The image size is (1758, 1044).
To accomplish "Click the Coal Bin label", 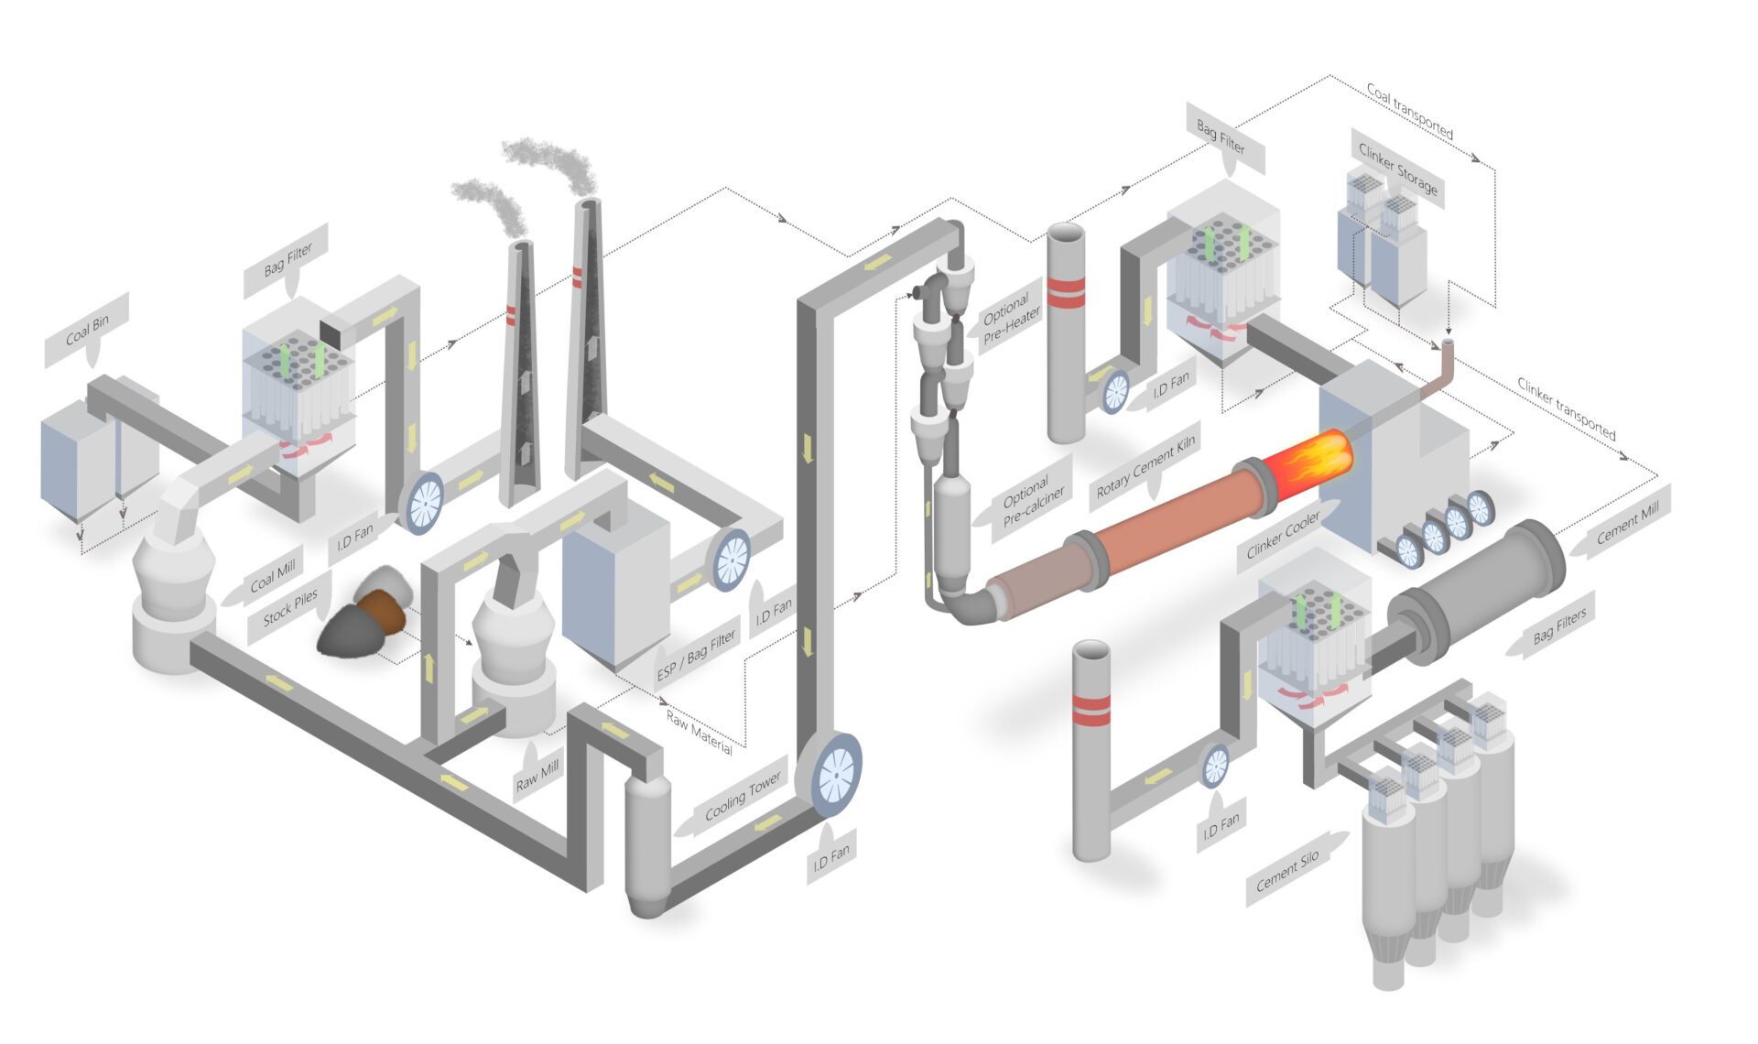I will (x=87, y=330).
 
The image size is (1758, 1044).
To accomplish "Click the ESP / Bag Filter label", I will (x=697, y=655).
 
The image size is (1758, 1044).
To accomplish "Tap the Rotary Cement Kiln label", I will (x=1145, y=467).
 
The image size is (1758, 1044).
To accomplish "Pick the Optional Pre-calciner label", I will (x=1032, y=503).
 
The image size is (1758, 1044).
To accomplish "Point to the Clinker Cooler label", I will (x=1283, y=535).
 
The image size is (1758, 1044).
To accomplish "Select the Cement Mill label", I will (x=1627, y=523).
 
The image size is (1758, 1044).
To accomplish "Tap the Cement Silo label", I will (x=1287, y=869).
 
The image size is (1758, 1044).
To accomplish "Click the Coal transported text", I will (x=1409, y=111).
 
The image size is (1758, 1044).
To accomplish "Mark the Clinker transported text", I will (x=1566, y=408).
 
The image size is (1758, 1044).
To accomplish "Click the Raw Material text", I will (x=699, y=732).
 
